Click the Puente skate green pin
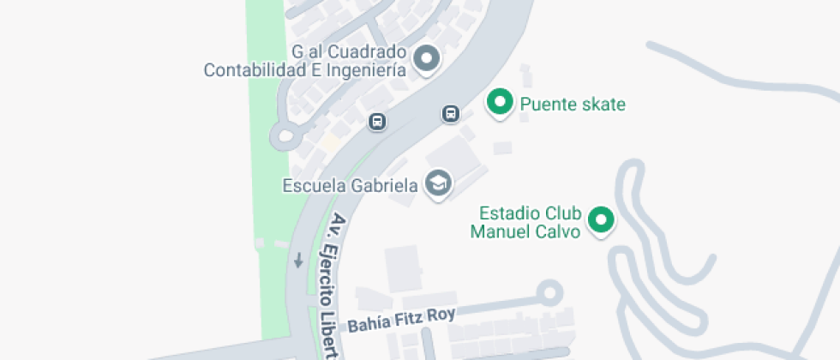click(x=499, y=103)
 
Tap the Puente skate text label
click(x=573, y=105)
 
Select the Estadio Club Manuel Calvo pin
click(x=602, y=220)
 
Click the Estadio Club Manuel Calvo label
click(x=531, y=222)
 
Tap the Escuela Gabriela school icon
click(x=439, y=183)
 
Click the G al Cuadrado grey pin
click(x=427, y=59)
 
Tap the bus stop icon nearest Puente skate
click(x=451, y=113)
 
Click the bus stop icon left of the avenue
click(x=377, y=122)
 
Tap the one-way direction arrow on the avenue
click(x=298, y=260)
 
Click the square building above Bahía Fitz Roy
click(x=402, y=268)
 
